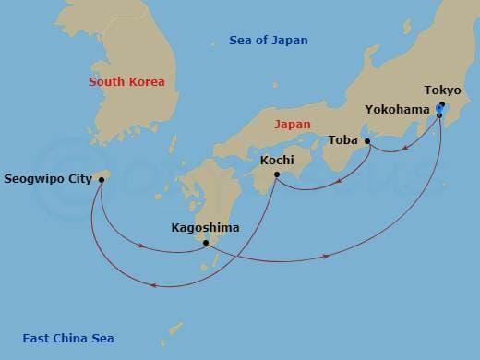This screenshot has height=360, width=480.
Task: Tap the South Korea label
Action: point(126,82)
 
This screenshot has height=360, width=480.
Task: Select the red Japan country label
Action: point(292,123)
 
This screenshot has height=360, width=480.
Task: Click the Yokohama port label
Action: point(396,109)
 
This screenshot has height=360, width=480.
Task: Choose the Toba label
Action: point(343,141)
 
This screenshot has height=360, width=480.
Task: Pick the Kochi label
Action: point(277,160)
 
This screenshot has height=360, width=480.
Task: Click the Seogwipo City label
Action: point(48,178)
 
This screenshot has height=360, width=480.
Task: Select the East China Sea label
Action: point(68,339)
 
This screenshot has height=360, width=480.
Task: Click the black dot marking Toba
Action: point(367,141)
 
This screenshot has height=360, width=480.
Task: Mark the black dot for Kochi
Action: point(276,174)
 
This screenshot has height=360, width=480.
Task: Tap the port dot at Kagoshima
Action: point(206,244)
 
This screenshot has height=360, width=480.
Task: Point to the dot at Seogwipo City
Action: point(100,179)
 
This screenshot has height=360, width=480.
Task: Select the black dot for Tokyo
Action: point(442,104)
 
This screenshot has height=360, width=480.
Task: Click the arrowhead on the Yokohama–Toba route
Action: point(397,149)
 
